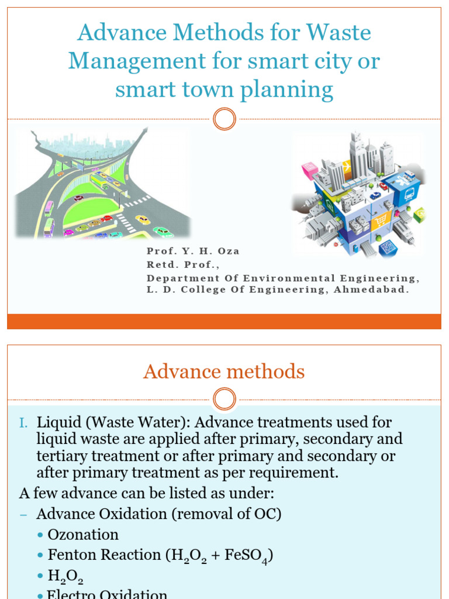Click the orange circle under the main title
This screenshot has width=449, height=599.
click(224, 119)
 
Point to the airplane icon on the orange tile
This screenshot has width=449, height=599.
click(347, 166)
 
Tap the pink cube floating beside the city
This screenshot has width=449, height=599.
click(309, 170)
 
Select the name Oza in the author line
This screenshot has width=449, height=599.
click(229, 252)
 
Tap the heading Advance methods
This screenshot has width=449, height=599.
click(224, 371)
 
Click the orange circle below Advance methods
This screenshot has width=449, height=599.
click(224, 400)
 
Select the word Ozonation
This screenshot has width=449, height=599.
click(83, 535)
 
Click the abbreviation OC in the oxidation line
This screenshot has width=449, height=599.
click(267, 514)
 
